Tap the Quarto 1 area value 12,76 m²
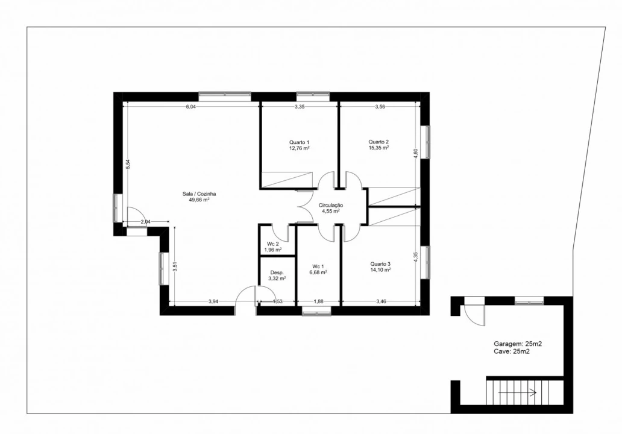tap(300, 148)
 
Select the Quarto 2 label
tap(379, 142)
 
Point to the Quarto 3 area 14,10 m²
tap(380, 270)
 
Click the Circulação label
tap(331, 206)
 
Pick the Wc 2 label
tap(273, 244)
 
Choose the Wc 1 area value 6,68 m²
tap(318, 272)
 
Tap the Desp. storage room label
tap(277, 272)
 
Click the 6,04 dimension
tap(191, 107)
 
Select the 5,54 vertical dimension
tap(128, 164)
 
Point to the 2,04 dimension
tap(146, 222)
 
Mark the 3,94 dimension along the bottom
tap(213, 301)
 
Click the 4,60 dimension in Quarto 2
tap(416, 154)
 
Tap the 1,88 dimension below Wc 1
tap(319, 301)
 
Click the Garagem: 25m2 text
tap(518, 344)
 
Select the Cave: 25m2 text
tap(512, 351)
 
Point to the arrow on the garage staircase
tap(517, 393)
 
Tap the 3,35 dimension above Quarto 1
tap(300, 107)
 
